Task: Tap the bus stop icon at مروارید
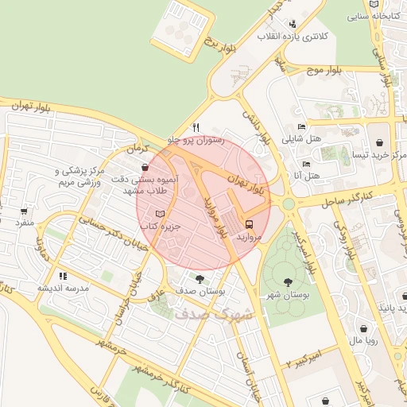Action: click(x=250, y=224)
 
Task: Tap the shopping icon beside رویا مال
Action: click(x=363, y=329)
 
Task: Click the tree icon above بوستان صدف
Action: click(x=198, y=278)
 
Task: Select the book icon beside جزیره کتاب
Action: click(x=161, y=214)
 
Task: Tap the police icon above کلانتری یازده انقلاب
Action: click(x=293, y=24)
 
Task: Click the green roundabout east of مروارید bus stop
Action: click(x=289, y=204)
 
